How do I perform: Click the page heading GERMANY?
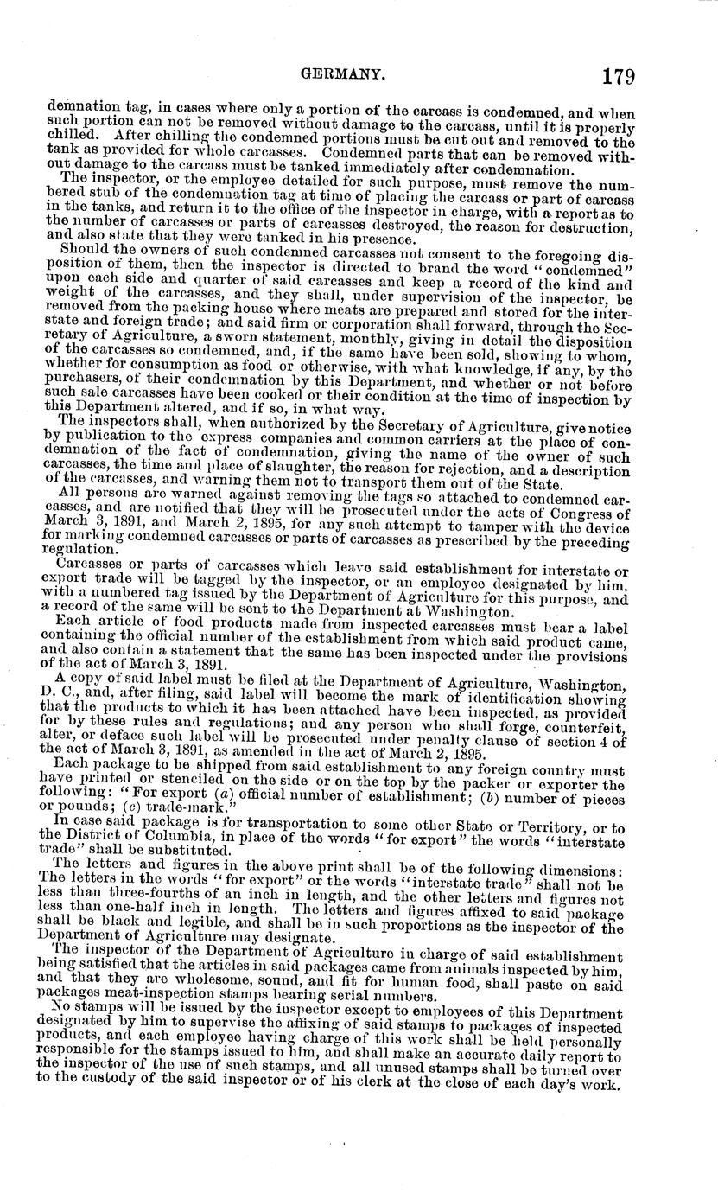point(342,75)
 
